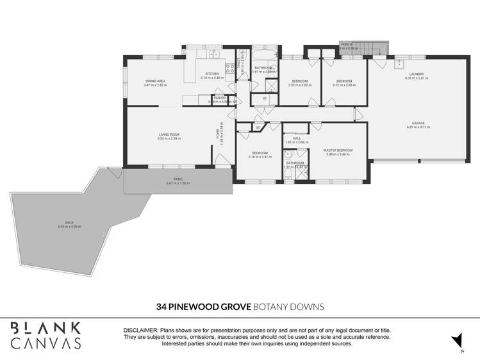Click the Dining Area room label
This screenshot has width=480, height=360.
click(x=155, y=81)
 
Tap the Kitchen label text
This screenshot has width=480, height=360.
click(x=212, y=74)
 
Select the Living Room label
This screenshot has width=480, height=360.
click(x=170, y=134)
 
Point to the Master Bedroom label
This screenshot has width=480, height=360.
click(x=338, y=150)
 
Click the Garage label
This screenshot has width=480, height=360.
click(x=418, y=123)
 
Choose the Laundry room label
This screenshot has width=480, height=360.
click(x=417, y=74)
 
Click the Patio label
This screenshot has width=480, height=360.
click(x=179, y=179)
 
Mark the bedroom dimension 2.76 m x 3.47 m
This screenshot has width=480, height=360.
click(x=260, y=157)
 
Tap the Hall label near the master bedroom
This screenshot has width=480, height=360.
click(x=297, y=138)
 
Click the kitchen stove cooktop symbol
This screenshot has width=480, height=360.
click(x=229, y=69)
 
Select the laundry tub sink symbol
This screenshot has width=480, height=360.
click(x=398, y=63)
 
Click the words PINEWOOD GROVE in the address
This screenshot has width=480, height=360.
click(x=204, y=306)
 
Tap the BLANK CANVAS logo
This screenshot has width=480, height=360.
click(x=45, y=335)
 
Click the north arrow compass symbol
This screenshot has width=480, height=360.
click(x=456, y=340)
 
